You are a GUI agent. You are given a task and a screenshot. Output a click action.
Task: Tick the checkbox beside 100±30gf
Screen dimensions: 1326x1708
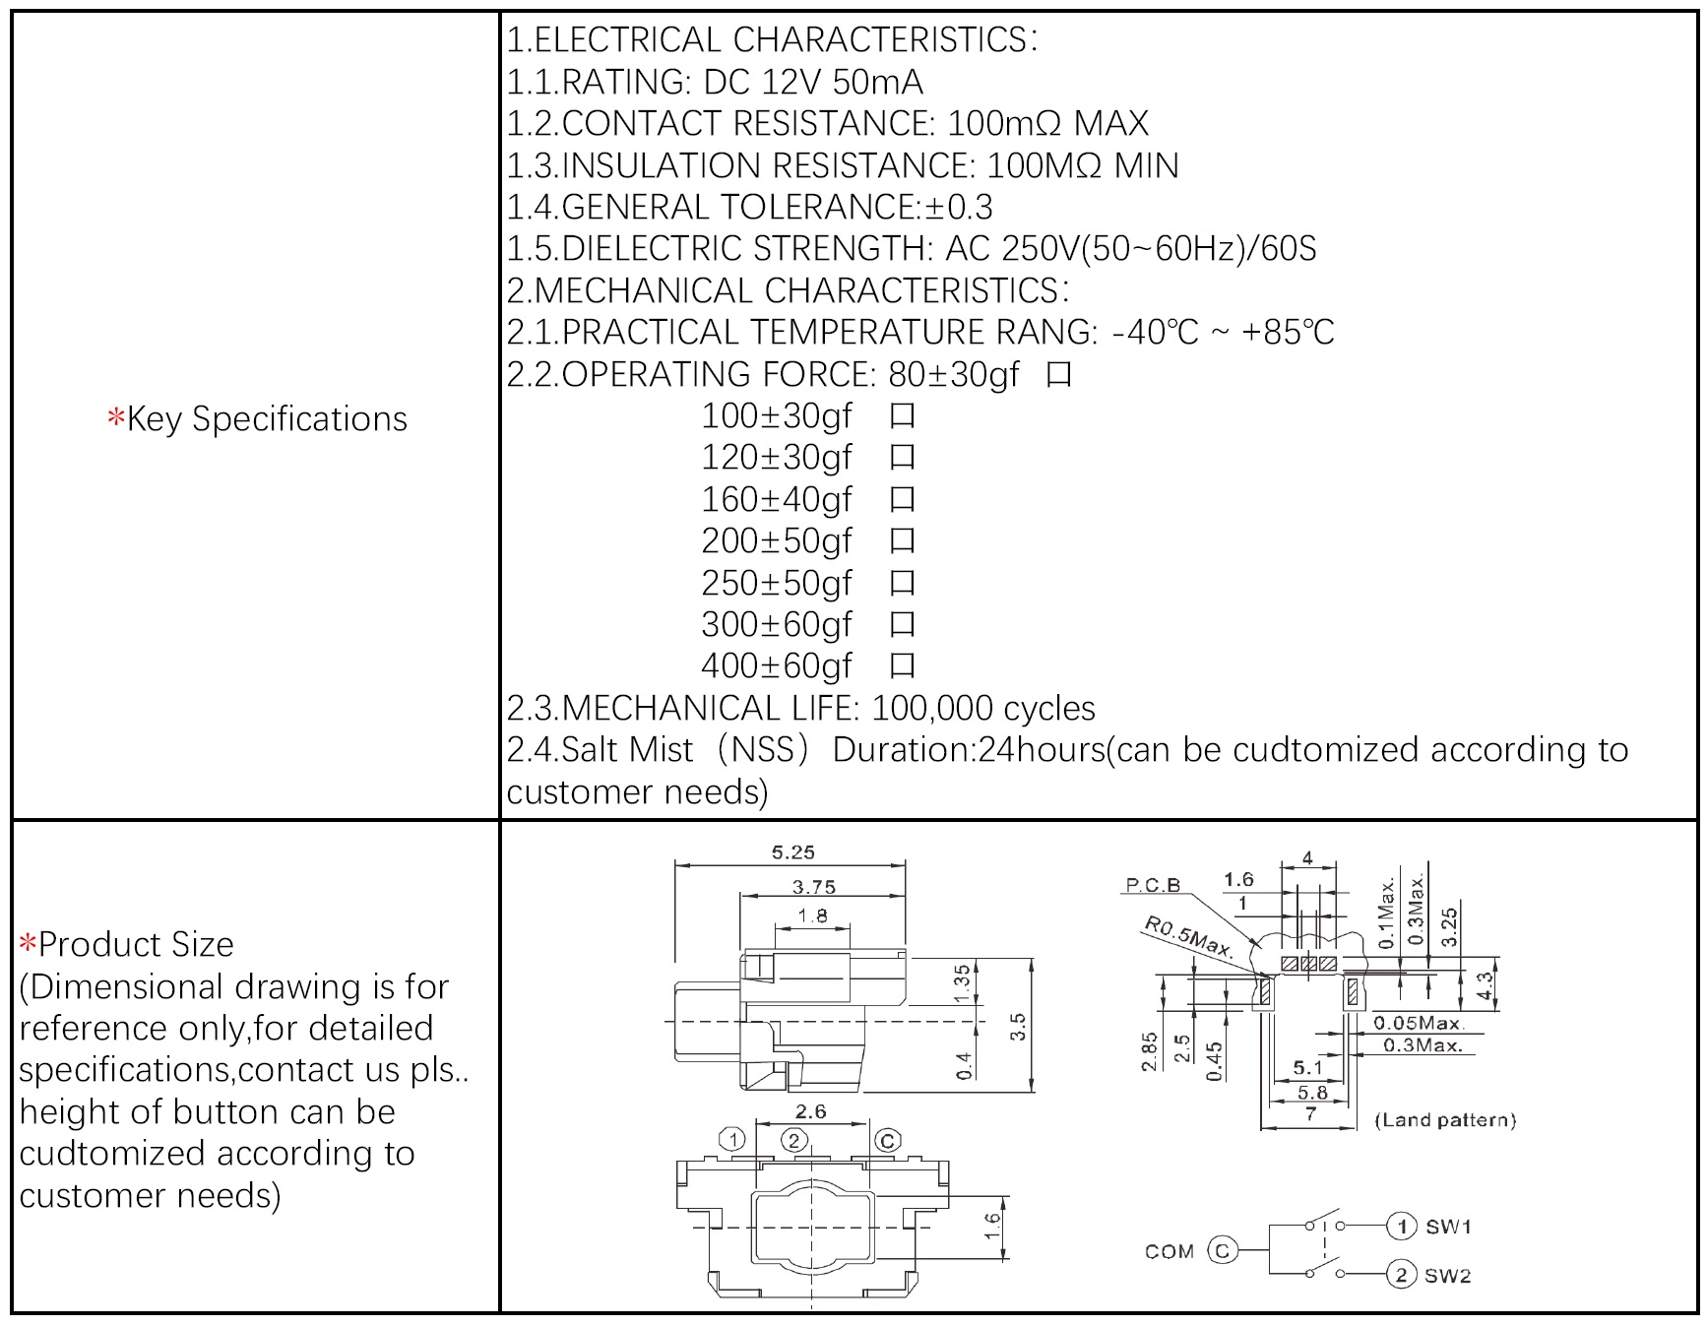click(902, 416)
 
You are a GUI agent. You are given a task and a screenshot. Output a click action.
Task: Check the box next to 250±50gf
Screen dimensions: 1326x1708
click(902, 584)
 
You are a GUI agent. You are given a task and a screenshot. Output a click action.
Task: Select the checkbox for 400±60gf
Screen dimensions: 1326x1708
click(902, 666)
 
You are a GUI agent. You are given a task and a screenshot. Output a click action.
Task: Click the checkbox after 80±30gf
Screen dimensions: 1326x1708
click(1059, 375)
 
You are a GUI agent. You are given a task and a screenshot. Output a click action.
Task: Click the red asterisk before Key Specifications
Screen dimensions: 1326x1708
click(116, 418)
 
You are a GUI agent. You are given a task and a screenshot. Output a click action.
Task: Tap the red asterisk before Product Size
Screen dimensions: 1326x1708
click(28, 944)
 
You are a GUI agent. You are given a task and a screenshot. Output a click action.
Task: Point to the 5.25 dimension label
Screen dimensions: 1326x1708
click(792, 852)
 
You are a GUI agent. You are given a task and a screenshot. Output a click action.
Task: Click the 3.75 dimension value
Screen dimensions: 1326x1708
click(814, 887)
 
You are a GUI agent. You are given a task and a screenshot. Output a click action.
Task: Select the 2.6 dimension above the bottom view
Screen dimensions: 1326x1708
click(810, 1111)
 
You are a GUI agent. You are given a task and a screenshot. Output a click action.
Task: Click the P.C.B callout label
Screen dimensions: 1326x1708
click(1153, 885)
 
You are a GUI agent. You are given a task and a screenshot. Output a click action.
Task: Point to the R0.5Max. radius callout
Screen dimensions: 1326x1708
click(1188, 936)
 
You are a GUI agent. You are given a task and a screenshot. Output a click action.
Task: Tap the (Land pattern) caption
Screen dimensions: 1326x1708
click(1445, 1119)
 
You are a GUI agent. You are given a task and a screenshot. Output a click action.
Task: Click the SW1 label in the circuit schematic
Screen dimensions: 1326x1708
click(1448, 1227)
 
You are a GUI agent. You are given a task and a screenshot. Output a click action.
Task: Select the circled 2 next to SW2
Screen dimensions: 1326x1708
click(1401, 1275)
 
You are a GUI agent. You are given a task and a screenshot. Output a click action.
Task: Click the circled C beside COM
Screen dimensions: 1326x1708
click(1222, 1250)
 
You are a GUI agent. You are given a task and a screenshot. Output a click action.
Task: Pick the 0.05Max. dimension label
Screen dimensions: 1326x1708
click(1419, 1023)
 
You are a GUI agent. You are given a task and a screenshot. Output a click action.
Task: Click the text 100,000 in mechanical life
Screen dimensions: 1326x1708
click(926, 709)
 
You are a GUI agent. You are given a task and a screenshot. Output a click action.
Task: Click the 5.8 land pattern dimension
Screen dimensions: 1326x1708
click(1311, 1092)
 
